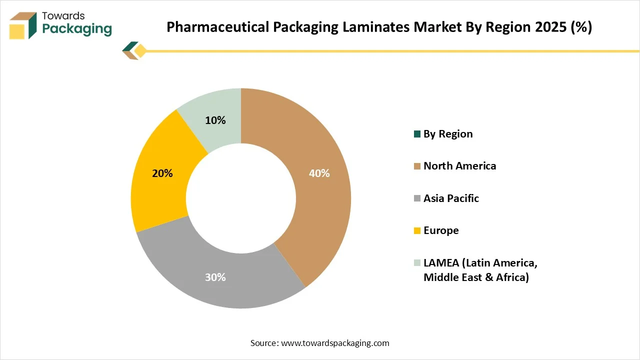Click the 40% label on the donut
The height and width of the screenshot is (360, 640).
pyautogui.click(x=319, y=173)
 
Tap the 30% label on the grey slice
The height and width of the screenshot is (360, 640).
pyautogui.click(x=215, y=277)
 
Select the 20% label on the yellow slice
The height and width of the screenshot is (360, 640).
pyautogui.click(x=162, y=173)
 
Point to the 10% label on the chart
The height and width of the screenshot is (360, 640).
pyautogui.click(x=215, y=120)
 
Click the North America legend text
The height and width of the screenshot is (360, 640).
pyautogui.click(x=459, y=166)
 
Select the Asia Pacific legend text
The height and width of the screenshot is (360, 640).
pyautogui.click(x=451, y=198)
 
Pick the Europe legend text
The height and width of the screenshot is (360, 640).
pyautogui.click(x=441, y=230)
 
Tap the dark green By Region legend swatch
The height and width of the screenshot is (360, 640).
pyautogui.click(x=417, y=134)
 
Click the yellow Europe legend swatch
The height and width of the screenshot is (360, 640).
pyautogui.click(x=417, y=230)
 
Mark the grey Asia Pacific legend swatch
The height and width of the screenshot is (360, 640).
pyautogui.click(x=417, y=198)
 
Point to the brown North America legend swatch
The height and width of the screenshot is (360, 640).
pyautogui.click(x=417, y=166)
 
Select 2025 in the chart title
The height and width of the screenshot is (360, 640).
pyautogui.click(x=549, y=27)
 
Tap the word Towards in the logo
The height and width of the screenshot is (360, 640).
pyautogui.click(x=63, y=16)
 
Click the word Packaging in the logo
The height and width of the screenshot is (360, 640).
pyautogui.click(x=77, y=29)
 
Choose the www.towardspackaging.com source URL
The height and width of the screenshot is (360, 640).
pyautogui.click(x=335, y=343)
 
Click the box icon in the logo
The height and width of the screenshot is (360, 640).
pyautogui.click(x=23, y=25)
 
